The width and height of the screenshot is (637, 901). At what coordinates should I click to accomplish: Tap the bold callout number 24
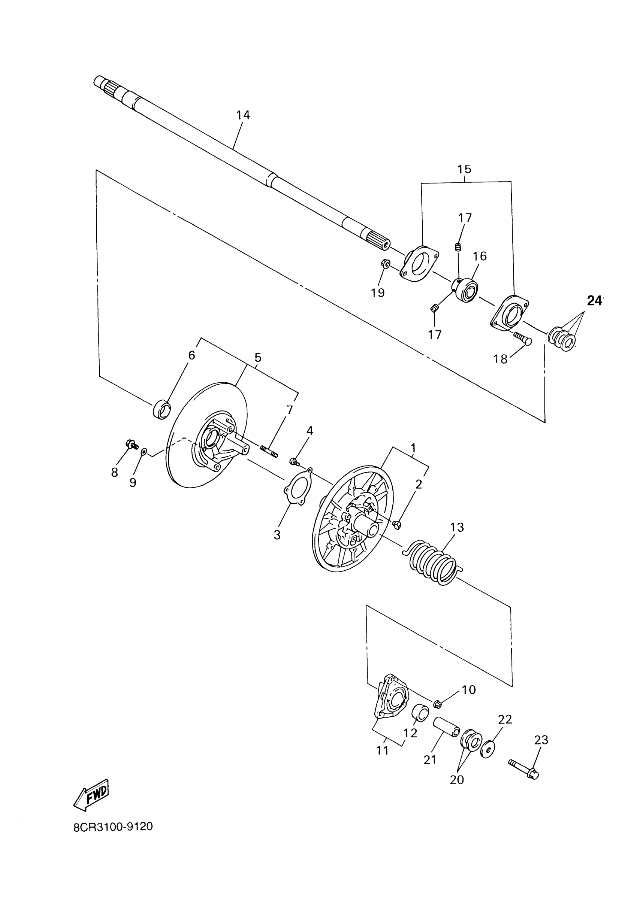[x=594, y=301]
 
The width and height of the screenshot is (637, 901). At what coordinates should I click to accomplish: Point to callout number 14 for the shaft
[x=243, y=115]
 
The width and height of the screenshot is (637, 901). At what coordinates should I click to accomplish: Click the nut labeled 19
[x=385, y=263]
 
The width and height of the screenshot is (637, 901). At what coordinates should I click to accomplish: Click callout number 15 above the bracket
[x=464, y=169]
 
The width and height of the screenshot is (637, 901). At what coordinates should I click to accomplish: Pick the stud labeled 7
[x=269, y=451]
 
